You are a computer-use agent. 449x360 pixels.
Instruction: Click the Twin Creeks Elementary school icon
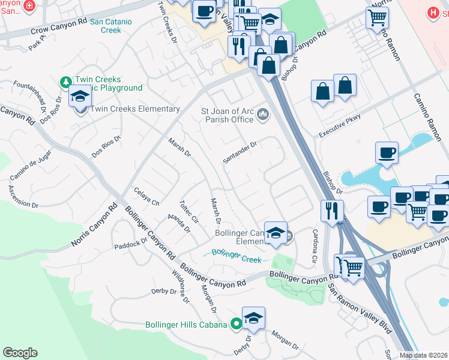tap(79, 96)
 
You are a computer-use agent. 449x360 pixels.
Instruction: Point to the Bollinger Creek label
tap(237, 256)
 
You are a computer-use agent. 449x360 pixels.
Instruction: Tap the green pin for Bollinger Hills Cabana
tap(236, 325)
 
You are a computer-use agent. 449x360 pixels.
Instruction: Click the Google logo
tap(20, 353)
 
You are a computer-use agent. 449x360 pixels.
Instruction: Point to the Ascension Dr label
tap(19, 196)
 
